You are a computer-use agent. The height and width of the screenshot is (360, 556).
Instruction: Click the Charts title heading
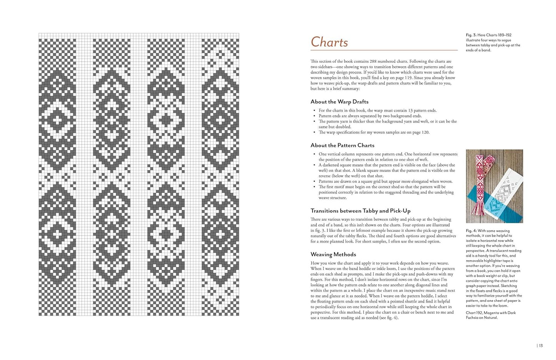point(329,42)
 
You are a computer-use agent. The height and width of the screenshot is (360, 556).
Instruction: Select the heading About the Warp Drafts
point(339,102)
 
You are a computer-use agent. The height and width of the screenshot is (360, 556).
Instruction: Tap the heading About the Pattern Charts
point(342,145)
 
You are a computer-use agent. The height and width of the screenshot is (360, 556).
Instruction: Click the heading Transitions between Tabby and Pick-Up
point(361,211)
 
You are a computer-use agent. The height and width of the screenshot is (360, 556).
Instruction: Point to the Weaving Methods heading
point(333,255)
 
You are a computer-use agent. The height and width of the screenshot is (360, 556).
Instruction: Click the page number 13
point(541,346)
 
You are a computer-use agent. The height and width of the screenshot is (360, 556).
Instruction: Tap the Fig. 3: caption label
point(471,35)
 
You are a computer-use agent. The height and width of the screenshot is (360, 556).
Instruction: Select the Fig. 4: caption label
point(471,231)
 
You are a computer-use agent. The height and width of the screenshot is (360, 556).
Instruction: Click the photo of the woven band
point(494,186)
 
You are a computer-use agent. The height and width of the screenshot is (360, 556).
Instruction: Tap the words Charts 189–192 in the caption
point(499,35)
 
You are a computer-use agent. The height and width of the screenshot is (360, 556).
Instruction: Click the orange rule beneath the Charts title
point(384,50)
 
